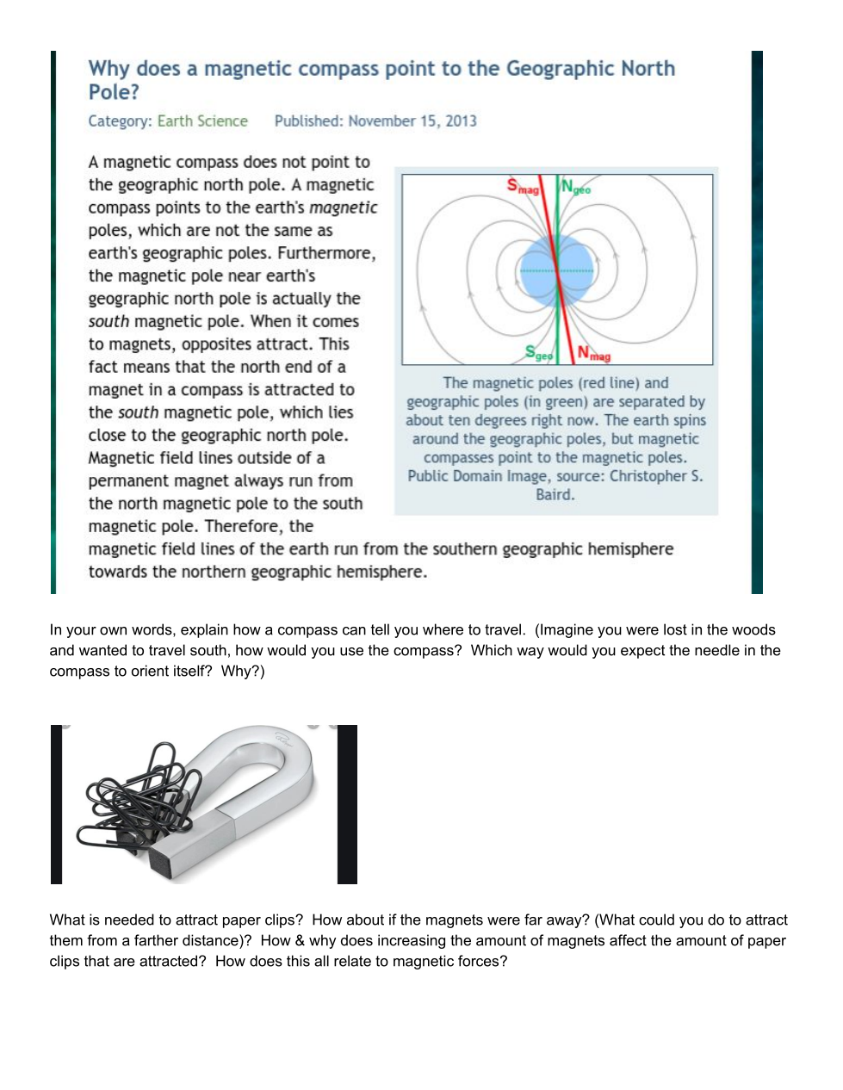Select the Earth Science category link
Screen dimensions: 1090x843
click(202, 121)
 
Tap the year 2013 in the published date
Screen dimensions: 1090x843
click(461, 121)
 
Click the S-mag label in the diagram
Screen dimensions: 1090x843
click(522, 186)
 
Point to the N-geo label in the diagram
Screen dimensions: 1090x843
click(575, 186)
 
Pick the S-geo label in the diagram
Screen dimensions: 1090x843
click(539, 352)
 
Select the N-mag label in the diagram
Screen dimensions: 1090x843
click(593, 353)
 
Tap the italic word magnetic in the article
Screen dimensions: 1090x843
click(343, 207)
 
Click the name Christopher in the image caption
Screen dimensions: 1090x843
click(648, 476)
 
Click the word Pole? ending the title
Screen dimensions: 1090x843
click(114, 93)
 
